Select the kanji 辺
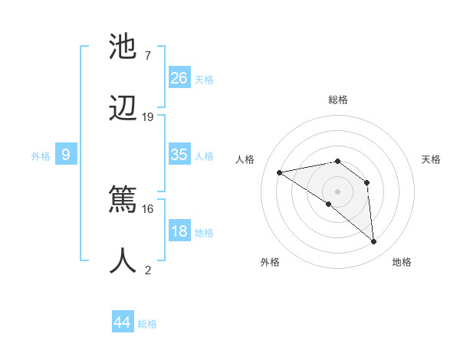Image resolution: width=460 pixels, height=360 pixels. click(x=123, y=108)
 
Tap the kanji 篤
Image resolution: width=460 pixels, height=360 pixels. click(x=123, y=198)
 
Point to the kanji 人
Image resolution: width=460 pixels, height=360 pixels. click(x=123, y=260)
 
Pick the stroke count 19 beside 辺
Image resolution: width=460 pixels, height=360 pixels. click(x=148, y=117)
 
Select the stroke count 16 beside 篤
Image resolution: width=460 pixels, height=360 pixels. click(x=148, y=208)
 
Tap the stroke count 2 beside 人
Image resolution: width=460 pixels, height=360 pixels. click(x=148, y=269)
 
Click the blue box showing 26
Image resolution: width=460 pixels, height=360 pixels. click(x=179, y=78)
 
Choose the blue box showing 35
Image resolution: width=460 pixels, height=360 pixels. click(x=179, y=155)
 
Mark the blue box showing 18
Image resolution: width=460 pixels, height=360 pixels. click(x=179, y=231)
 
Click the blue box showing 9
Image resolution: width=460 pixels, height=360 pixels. click(x=66, y=155)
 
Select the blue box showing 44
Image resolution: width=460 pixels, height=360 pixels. click(x=123, y=322)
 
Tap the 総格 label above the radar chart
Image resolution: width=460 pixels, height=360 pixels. click(x=338, y=100)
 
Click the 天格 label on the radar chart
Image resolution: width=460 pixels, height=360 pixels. click(x=432, y=159)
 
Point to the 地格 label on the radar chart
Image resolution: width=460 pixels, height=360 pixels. click(x=402, y=262)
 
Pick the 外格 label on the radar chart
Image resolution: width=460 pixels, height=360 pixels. click(x=270, y=262)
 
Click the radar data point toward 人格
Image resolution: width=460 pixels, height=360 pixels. click(x=280, y=172)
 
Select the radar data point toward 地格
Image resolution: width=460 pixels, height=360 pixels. click(x=374, y=242)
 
